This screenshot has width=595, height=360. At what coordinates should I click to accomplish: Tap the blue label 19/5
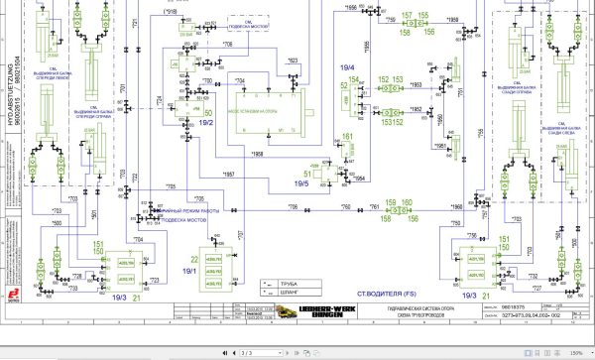(x=301, y=183)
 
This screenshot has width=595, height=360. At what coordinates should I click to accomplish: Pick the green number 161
(x=347, y=136)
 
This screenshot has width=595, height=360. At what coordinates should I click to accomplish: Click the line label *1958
(x=257, y=156)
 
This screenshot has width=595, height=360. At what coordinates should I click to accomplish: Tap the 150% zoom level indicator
(x=575, y=352)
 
